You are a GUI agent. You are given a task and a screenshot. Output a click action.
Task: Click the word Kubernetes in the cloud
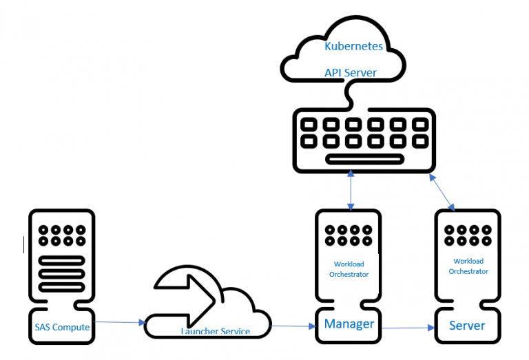tap(354, 47)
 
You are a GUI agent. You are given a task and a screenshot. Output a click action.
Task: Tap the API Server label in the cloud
tap(351, 72)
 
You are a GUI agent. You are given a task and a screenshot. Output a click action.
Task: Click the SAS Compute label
tap(62, 327)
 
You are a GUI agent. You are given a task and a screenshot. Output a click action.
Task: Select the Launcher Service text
tap(215, 332)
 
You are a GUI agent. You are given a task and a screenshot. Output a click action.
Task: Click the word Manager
tap(349, 324)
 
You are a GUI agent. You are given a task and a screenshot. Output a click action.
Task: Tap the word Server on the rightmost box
tap(467, 325)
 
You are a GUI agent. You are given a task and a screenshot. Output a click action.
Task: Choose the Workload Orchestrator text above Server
tap(468, 266)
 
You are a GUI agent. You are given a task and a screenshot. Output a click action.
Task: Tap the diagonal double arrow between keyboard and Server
tap(442, 191)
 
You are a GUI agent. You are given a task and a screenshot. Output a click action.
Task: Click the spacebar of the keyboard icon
tap(363, 160)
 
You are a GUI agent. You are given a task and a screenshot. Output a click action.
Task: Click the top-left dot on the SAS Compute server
tap(43, 230)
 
